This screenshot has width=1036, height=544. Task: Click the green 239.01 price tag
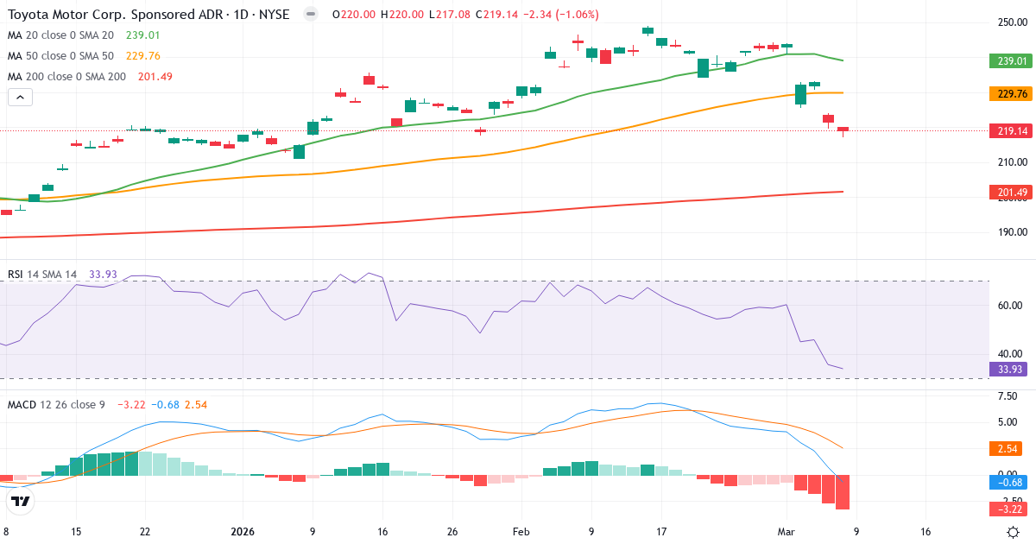click(1011, 61)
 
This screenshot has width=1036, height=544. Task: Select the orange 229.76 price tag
click(1011, 94)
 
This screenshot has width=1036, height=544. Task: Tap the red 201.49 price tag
click(1011, 193)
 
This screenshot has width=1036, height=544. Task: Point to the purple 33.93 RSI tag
click(1011, 370)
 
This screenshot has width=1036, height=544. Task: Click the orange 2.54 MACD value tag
click(1011, 448)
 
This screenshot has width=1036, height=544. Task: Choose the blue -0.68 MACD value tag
click(1011, 482)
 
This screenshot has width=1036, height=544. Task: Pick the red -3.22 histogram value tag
click(1011, 509)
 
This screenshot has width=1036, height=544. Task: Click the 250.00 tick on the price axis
click(1011, 22)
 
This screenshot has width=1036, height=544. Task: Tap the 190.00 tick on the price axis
click(1011, 232)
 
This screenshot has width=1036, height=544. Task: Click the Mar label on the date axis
click(786, 532)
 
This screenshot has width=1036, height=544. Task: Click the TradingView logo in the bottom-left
click(22, 501)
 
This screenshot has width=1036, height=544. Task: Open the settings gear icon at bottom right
click(1015, 532)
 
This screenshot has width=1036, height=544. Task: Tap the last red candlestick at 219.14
click(843, 130)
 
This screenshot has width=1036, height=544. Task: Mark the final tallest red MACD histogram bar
click(843, 492)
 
